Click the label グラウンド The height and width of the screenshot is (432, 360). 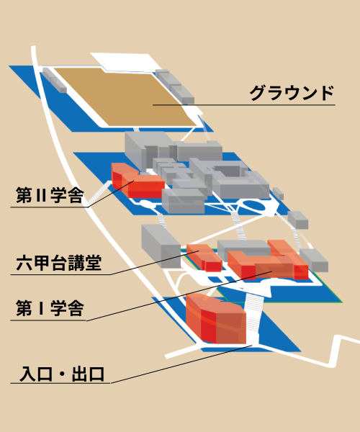point(292,93)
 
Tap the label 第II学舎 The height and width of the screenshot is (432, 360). point(50,195)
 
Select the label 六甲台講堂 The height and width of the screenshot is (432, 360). point(58,263)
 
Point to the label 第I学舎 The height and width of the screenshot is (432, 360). point(50,308)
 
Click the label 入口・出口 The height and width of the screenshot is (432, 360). point(62,374)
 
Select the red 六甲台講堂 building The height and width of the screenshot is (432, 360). point(204,258)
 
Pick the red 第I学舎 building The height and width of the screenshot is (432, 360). point(268,261)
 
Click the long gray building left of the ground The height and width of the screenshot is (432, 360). point(54,80)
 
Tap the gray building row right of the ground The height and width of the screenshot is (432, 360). point(175,86)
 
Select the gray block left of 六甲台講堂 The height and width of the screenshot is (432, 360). point(161,246)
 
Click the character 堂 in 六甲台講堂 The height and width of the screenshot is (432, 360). point(94,263)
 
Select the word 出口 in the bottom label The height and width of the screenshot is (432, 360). point(88,374)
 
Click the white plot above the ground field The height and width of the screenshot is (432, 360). point(124,62)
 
